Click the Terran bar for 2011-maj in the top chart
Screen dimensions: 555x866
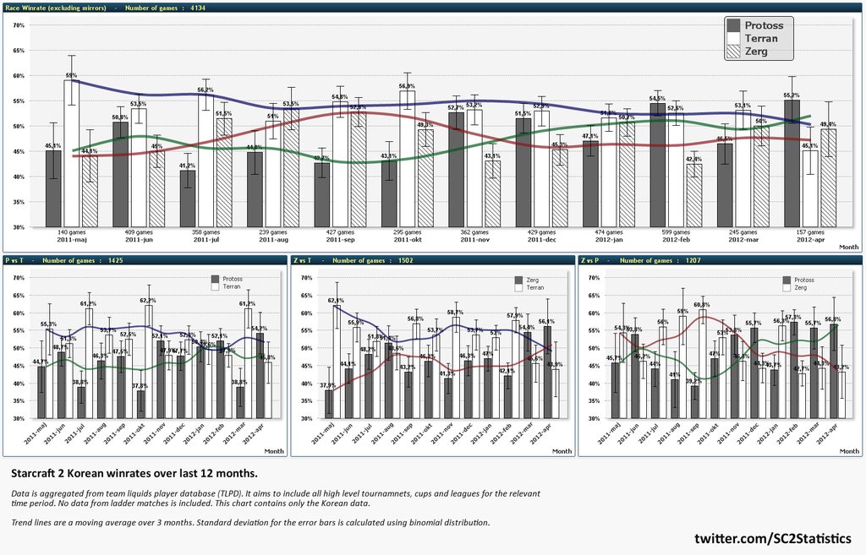[72, 153]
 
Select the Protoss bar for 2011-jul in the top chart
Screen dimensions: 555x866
[188, 199]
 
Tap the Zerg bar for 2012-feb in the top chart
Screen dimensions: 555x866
[694, 195]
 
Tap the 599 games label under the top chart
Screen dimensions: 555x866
[675, 231]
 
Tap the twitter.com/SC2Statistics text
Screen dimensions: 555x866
[772, 538]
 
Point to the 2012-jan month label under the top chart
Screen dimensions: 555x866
[607, 240]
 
